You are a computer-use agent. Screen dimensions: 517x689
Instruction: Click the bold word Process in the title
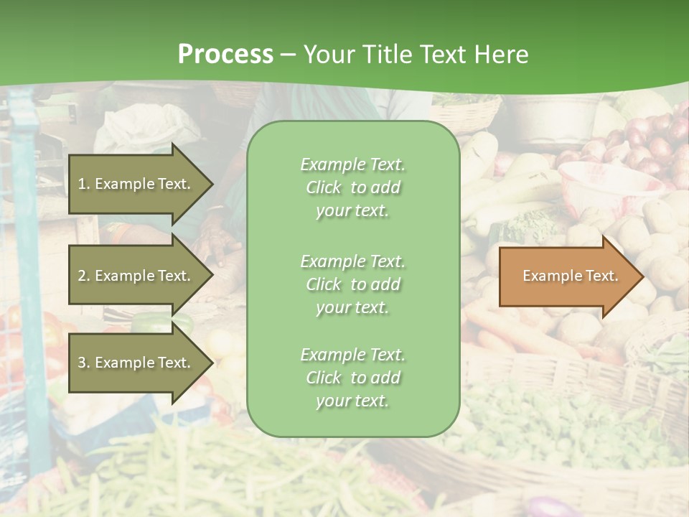(x=225, y=55)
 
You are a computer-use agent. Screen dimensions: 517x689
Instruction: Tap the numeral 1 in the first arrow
(x=82, y=185)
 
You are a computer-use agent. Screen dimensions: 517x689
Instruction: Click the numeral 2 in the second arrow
(x=82, y=276)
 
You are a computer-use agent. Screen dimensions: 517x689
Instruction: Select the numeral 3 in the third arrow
(x=82, y=363)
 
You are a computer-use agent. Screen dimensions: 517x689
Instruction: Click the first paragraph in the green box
(x=352, y=187)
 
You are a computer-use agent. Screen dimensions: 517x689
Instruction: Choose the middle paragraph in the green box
(x=352, y=284)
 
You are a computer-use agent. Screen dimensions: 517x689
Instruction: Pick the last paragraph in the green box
(x=352, y=378)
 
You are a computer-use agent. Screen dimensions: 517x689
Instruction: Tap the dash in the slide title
(x=288, y=55)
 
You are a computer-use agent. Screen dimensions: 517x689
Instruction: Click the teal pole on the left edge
(x=29, y=287)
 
